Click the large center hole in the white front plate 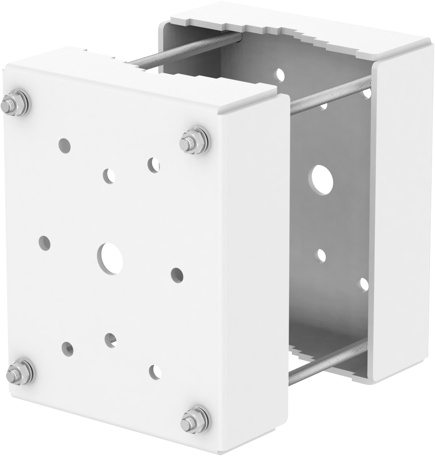coord(110,258)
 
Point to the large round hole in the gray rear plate coord(321,180)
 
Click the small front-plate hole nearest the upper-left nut coord(64,145)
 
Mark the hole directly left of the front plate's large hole coord(44,243)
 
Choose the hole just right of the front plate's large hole coord(177,275)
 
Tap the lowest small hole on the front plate coord(155,371)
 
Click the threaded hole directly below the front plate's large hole coord(111,340)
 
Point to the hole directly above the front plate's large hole coord(109,176)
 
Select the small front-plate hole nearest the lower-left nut coord(68,349)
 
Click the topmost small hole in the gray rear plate coord(280,74)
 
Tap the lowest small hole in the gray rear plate coord(364,284)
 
